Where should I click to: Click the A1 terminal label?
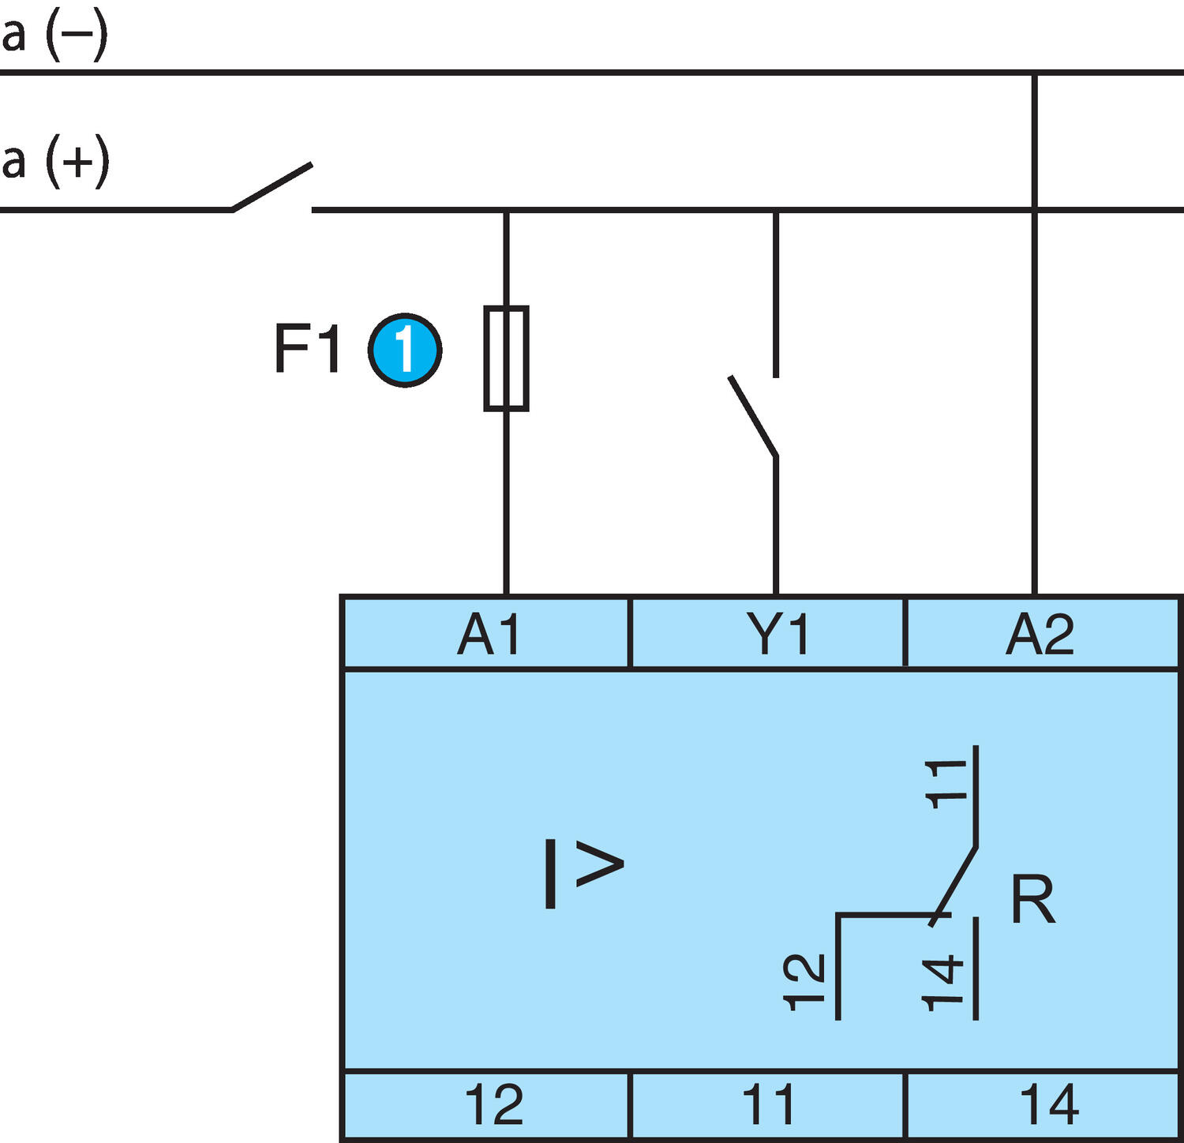click(x=489, y=634)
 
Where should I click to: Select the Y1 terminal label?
click(x=777, y=634)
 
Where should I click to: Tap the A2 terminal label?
click(x=1040, y=634)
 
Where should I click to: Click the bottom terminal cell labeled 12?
click(x=493, y=1105)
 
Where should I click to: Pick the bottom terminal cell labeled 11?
click(x=768, y=1105)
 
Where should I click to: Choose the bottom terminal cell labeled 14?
click(x=1049, y=1105)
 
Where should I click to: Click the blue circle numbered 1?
click(x=405, y=350)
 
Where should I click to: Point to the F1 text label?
click(x=307, y=348)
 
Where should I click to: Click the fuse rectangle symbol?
click(x=506, y=358)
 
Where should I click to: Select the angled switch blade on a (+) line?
click(x=272, y=187)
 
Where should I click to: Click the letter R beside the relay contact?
click(x=1032, y=899)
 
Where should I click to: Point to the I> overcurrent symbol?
click(x=583, y=873)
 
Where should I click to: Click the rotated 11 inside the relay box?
click(x=946, y=784)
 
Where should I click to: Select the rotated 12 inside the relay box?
click(x=804, y=982)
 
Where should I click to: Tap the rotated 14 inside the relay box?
click(x=944, y=982)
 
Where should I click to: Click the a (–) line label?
click(x=54, y=36)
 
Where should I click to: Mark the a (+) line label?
click(x=55, y=162)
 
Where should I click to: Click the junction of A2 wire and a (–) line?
click(x=1034, y=73)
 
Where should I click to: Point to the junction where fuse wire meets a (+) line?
click(x=506, y=210)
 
